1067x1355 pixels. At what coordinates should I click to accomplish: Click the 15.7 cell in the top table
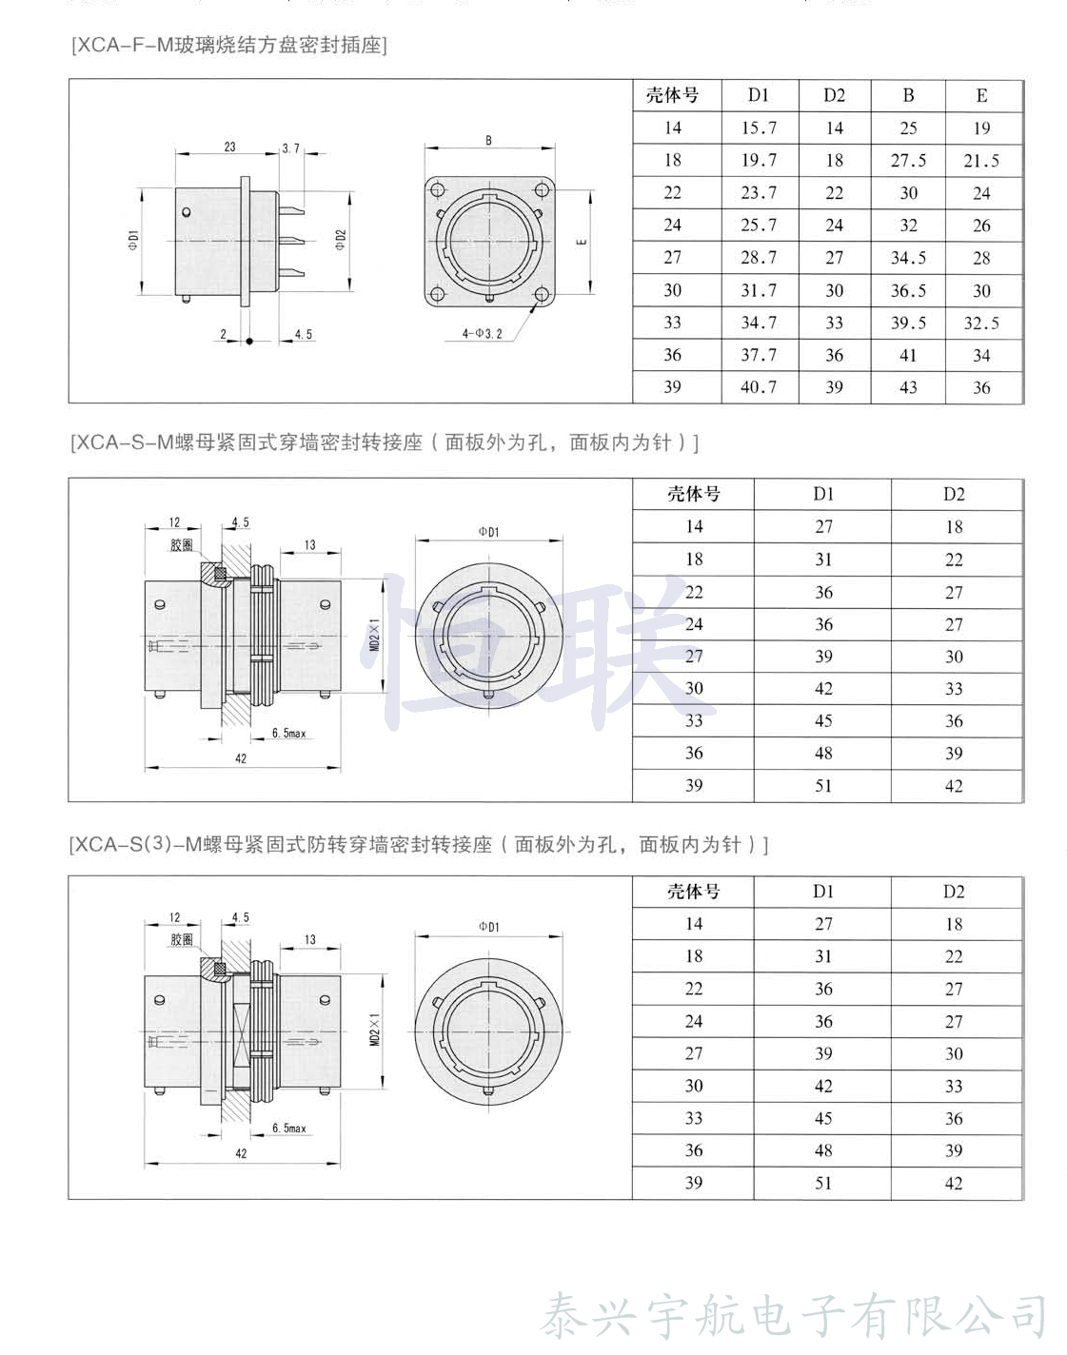click(x=759, y=128)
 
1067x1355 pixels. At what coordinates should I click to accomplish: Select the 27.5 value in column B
click(x=908, y=161)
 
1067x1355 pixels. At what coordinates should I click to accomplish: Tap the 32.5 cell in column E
click(x=981, y=324)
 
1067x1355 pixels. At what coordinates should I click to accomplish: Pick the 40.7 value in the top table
click(x=759, y=387)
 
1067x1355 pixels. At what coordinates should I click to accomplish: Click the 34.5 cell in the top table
click(x=908, y=258)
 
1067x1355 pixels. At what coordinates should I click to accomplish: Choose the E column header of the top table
click(x=981, y=95)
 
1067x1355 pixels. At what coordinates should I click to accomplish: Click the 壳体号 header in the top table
click(x=672, y=95)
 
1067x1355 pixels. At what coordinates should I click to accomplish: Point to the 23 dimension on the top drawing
click(x=229, y=147)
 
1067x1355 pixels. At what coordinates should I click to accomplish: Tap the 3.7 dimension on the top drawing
click(x=290, y=148)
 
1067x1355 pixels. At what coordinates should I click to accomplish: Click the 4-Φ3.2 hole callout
click(x=482, y=334)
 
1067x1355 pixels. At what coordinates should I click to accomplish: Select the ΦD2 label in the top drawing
click(x=341, y=241)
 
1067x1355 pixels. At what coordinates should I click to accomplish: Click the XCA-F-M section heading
click(x=229, y=45)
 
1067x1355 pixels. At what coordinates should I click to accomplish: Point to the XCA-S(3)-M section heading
click(x=419, y=844)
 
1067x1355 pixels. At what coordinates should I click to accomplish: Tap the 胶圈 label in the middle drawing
click(x=182, y=545)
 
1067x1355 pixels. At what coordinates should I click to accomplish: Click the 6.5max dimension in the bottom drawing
click(x=289, y=1129)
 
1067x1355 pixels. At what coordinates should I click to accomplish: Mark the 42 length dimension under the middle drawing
click(x=241, y=758)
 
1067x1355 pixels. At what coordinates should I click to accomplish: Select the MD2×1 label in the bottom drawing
click(x=375, y=1030)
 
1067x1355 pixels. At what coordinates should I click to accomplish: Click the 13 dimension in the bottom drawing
click(x=309, y=940)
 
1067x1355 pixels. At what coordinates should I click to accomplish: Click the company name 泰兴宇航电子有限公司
click(x=794, y=1317)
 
